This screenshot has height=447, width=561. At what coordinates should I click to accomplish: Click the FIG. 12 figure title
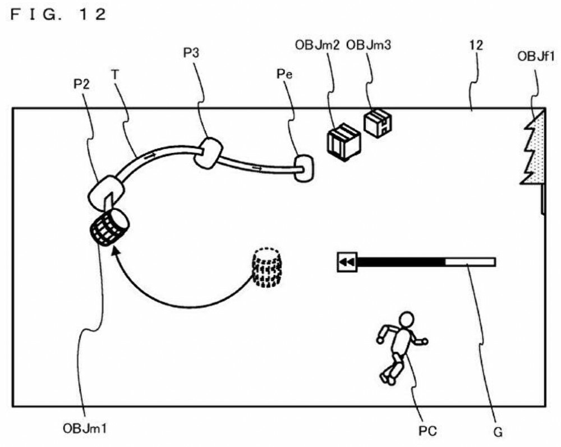pyautogui.click(x=58, y=15)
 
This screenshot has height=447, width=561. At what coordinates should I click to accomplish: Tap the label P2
pyautogui.click(x=81, y=84)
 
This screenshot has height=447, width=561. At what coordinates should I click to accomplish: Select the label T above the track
pyautogui.click(x=115, y=75)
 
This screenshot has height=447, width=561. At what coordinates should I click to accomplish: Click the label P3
pyautogui.click(x=191, y=53)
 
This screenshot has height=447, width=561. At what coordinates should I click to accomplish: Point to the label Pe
pyautogui.click(x=284, y=74)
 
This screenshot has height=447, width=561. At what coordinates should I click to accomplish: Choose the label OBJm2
pyautogui.click(x=317, y=45)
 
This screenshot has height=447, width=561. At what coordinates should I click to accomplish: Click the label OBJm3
pyautogui.click(x=369, y=45)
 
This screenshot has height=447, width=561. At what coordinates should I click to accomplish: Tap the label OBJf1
pyautogui.click(x=536, y=56)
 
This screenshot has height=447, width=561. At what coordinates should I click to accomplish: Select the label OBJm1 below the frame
pyautogui.click(x=85, y=428)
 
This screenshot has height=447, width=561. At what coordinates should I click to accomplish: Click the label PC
pyautogui.click(x=427, y=431)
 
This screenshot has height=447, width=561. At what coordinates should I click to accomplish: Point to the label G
pyautogui.click(x=498, y=432)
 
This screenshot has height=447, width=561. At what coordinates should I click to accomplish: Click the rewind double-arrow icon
pyautogui.click(x=347, y=262)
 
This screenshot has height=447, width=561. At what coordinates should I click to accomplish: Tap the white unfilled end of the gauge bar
pyautogui.click(x=470, y=262)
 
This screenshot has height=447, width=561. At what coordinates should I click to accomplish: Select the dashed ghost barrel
pyautogui.click(x=266, y=268)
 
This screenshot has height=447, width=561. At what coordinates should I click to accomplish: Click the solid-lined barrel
pyautogui.click(x=109, y=227)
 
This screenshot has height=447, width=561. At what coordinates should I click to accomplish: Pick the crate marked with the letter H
pyautogui.click(x=378, y=123)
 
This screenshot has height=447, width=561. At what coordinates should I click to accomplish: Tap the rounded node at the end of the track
pyautogui.click(x=304, y=168)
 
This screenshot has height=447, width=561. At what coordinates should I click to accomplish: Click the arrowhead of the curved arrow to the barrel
pyautogui.click(x=115, y=252)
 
